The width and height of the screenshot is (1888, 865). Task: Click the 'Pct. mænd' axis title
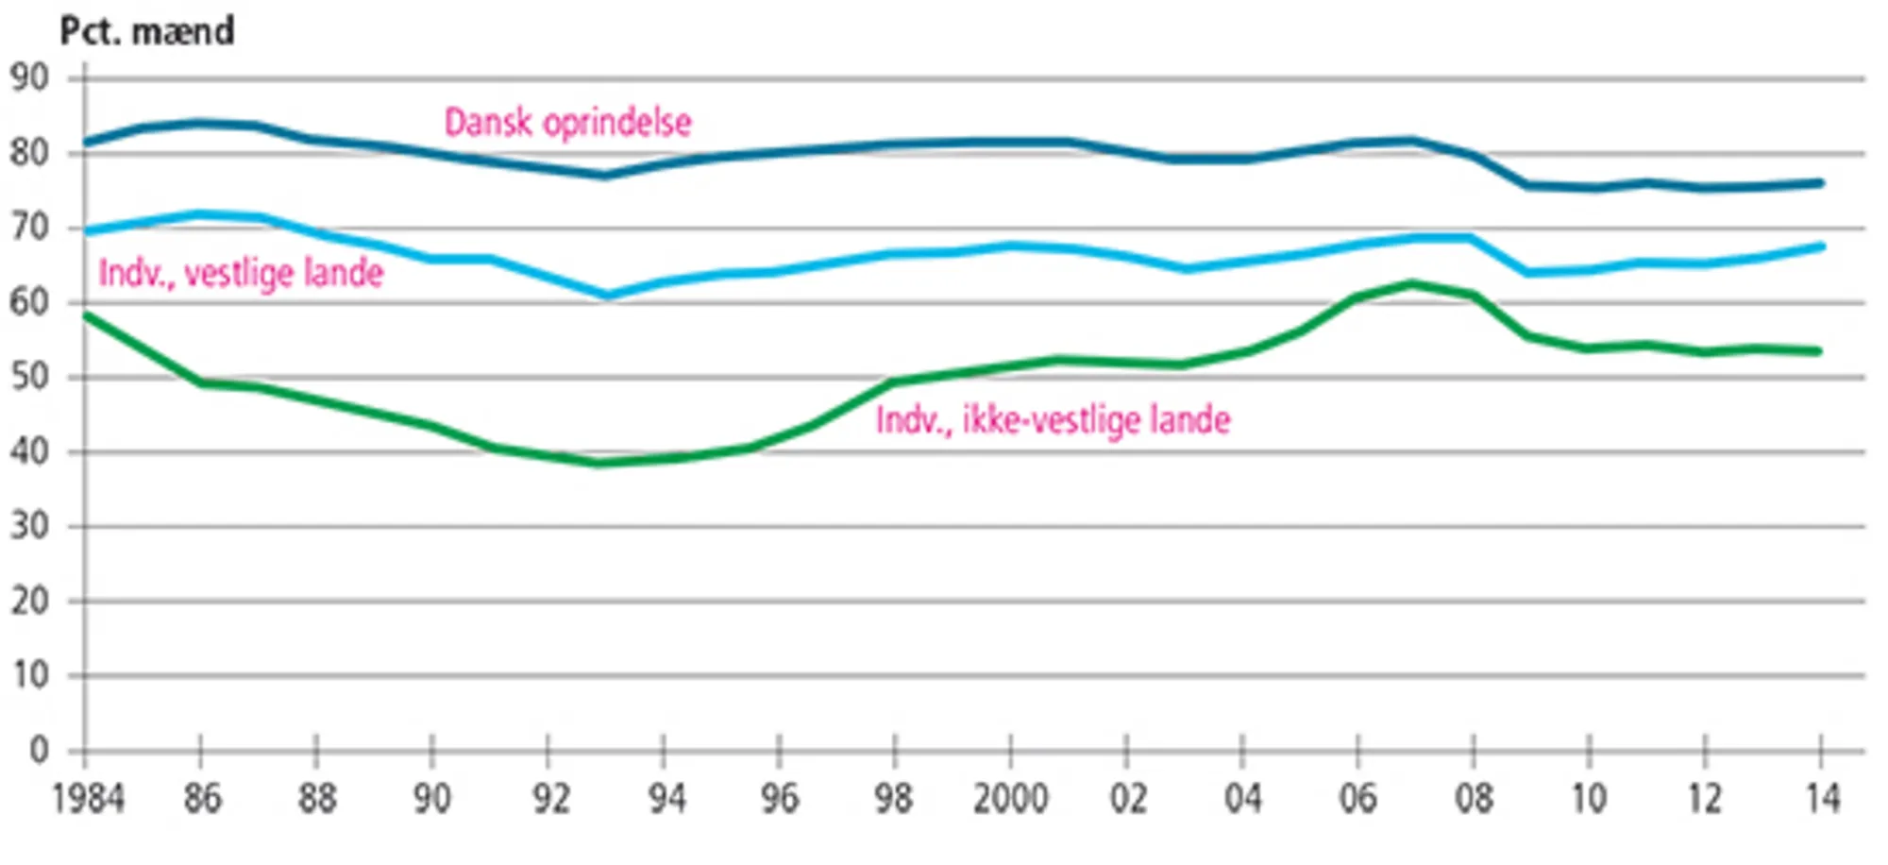(x=146, y=31)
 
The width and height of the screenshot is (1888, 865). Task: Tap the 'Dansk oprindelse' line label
(x=567, y=123)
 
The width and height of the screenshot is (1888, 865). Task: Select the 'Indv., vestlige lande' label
(x=241, y=274)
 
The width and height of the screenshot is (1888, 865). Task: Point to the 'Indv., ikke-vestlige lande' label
(x=1053, y=420)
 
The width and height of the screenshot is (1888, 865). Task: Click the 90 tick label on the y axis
(x=29, y=77)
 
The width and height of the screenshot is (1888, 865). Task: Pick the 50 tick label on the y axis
(x=29, y=377)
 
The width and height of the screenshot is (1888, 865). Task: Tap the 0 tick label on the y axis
(x=39, y=751)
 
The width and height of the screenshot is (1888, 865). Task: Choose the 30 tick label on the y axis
(x=29, y=526)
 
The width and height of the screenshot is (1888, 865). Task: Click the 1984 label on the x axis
(x=88, y=800)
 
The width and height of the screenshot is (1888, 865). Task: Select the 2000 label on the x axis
(x=1010, y=800)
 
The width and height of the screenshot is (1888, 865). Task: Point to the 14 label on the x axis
(x=1822, y=800)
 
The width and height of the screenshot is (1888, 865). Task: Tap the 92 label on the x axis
(x=548, y=800)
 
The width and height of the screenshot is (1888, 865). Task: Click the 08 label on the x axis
(x=1474, y=800)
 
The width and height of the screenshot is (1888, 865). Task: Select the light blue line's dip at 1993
(x=606, y=295)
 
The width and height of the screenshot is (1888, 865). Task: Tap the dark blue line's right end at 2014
(x=1820, y=183)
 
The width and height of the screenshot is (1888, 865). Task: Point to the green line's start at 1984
(x=86, y=315)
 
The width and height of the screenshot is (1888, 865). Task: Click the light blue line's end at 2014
(x=1820, y=246)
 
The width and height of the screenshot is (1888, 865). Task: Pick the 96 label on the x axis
(x=780, y=800)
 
